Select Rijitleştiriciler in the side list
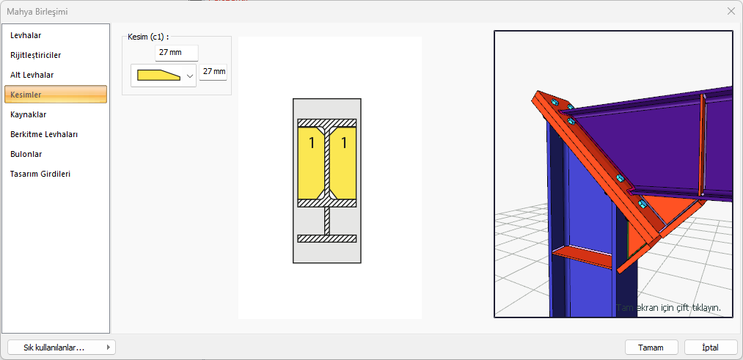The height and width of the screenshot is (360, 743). (x=35, y=55)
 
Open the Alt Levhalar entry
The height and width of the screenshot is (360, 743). (x=32, y=75)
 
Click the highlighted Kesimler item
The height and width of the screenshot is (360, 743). (x=56, y=95)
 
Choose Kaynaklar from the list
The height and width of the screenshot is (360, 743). (x=29, y=114)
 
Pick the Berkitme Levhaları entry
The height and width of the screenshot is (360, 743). (x=44, y=134)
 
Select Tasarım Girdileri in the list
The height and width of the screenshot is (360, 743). (x=40, y=174)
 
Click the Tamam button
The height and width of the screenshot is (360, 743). (x=651, y=348)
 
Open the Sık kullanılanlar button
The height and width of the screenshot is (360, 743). (x=62, y=348)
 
